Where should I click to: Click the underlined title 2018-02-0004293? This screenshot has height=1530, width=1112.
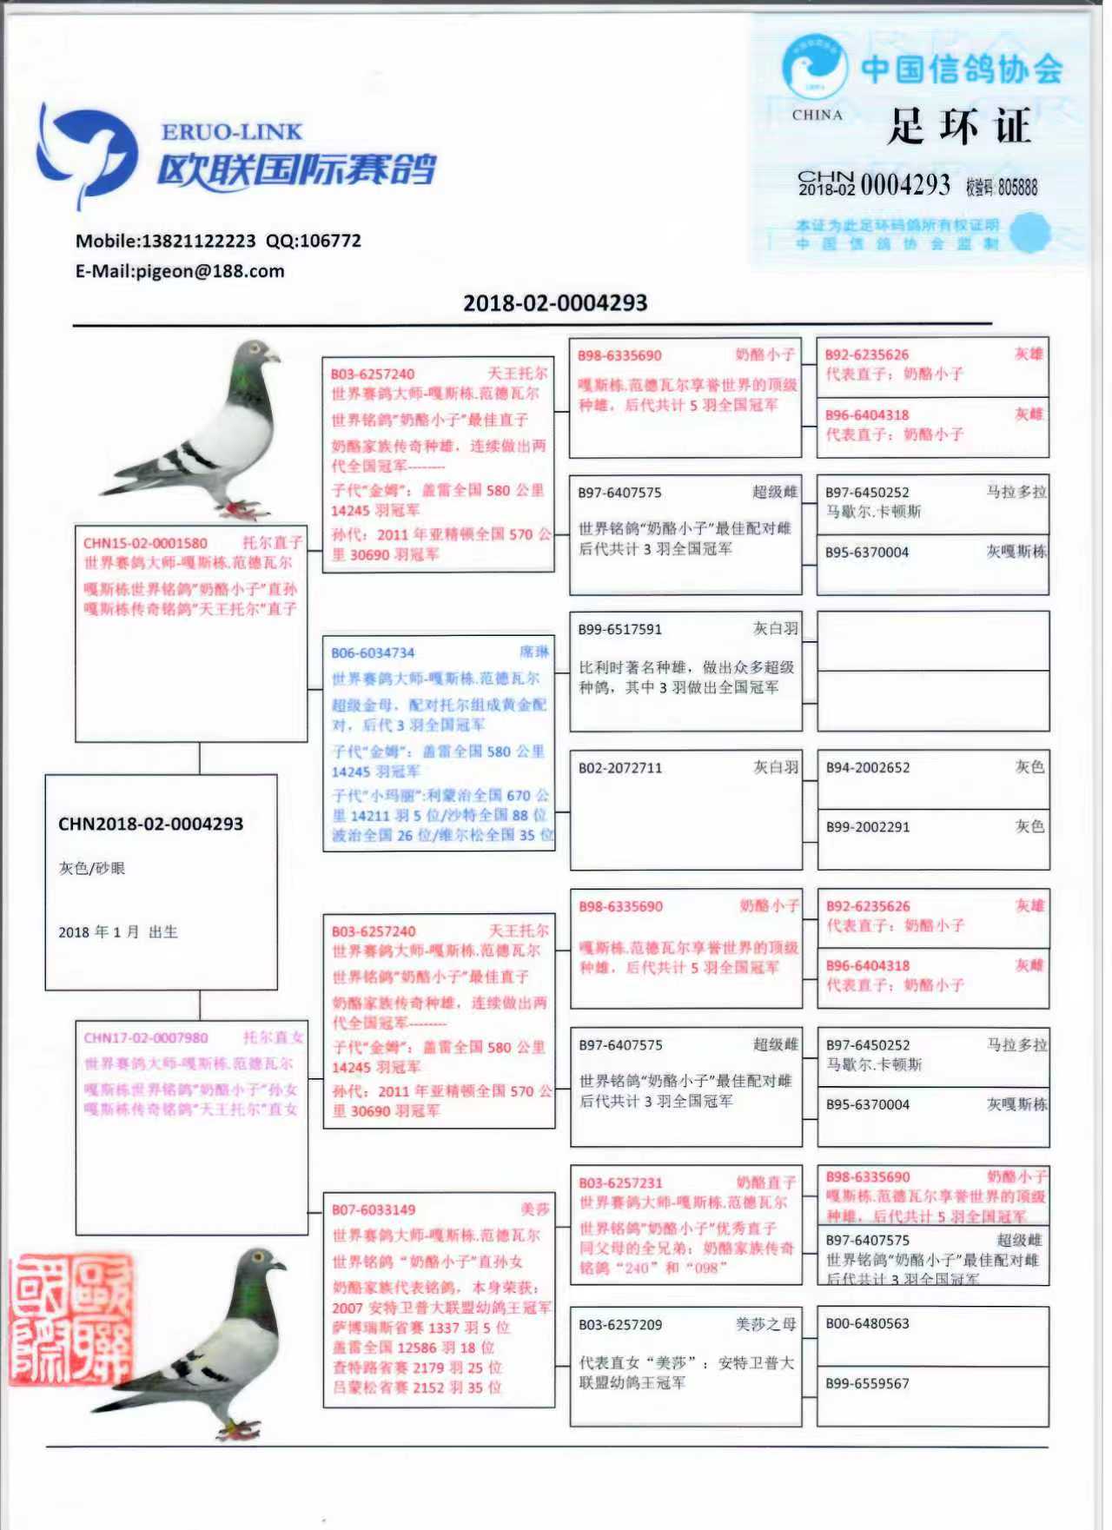tap(555, 303)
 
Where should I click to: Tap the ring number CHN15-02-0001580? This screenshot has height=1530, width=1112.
tap(145, 544)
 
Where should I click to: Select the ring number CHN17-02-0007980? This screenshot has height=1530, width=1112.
tap(146, 1038)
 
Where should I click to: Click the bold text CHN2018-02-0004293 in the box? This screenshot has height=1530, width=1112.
tap(151, 824)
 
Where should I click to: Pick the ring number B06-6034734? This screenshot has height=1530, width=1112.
tap(373, 653)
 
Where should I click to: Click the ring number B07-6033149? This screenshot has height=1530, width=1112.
tap(374, 1210)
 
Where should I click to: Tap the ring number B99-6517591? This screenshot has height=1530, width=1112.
tap(620, 630)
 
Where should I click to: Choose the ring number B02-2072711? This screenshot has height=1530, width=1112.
tap(620, 768)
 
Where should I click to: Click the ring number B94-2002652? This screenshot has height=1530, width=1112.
tap(868, 768)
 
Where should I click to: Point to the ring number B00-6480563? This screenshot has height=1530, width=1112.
tap(867, 1324)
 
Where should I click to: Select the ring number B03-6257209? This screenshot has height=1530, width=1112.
tap(620, 1325)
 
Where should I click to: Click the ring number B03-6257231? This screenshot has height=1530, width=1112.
tap(620, 1183)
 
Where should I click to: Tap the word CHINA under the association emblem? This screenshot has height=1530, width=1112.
tap(817, 115)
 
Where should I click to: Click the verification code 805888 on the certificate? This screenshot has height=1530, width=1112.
tap(1017, 187)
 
